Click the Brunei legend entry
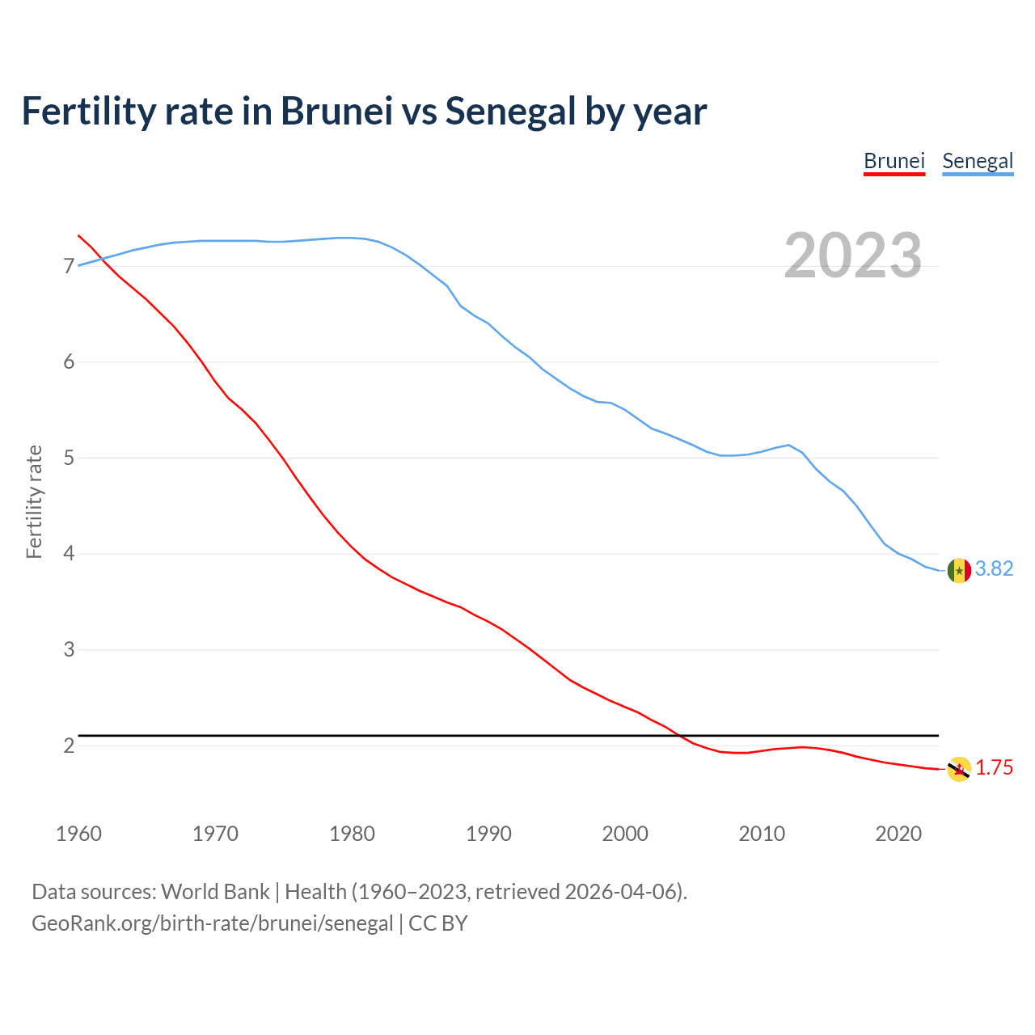click(x=893, y=161)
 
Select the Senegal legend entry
click(x=978, y=161)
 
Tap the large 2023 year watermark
click(x=852, y=256)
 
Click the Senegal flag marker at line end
click(x=959, y=570)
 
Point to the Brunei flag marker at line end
click(x=959, y=769)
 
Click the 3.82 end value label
click(x=994, y=569)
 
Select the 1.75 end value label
click(x=994, y=768)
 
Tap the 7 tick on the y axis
click(x=69, y=267)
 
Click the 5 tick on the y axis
click(x=69, y=458)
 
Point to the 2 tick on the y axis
click(x=69, y=746)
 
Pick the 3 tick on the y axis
click(x=69, y=650)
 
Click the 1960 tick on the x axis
click(x=78, y=834)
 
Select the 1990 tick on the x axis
click(x=488, y=834)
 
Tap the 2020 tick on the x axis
click(x=898, y=834)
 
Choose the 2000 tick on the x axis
click(x=625, y=834)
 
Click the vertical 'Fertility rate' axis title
click(x=34, y=501)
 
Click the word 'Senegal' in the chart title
click(x=509, y=112)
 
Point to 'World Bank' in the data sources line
click(x=215, y=892)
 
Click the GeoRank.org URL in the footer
click(x=212, y=923)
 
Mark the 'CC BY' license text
click(x=438, y=923)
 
